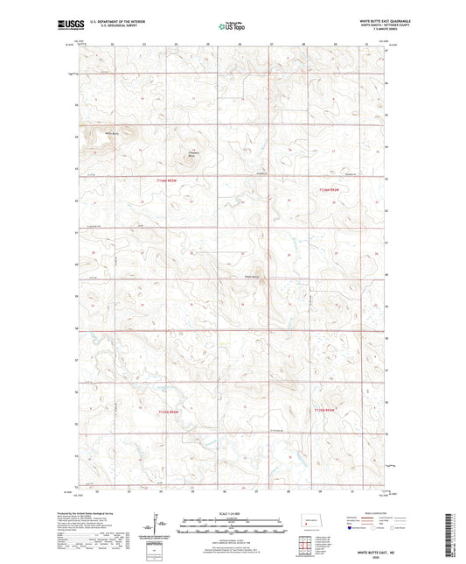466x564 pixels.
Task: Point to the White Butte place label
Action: pos(111,133)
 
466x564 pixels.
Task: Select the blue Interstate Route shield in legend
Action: pos(351,528)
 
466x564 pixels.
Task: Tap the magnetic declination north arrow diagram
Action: pos(156,524)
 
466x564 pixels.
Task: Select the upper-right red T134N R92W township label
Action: pos(329,190)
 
